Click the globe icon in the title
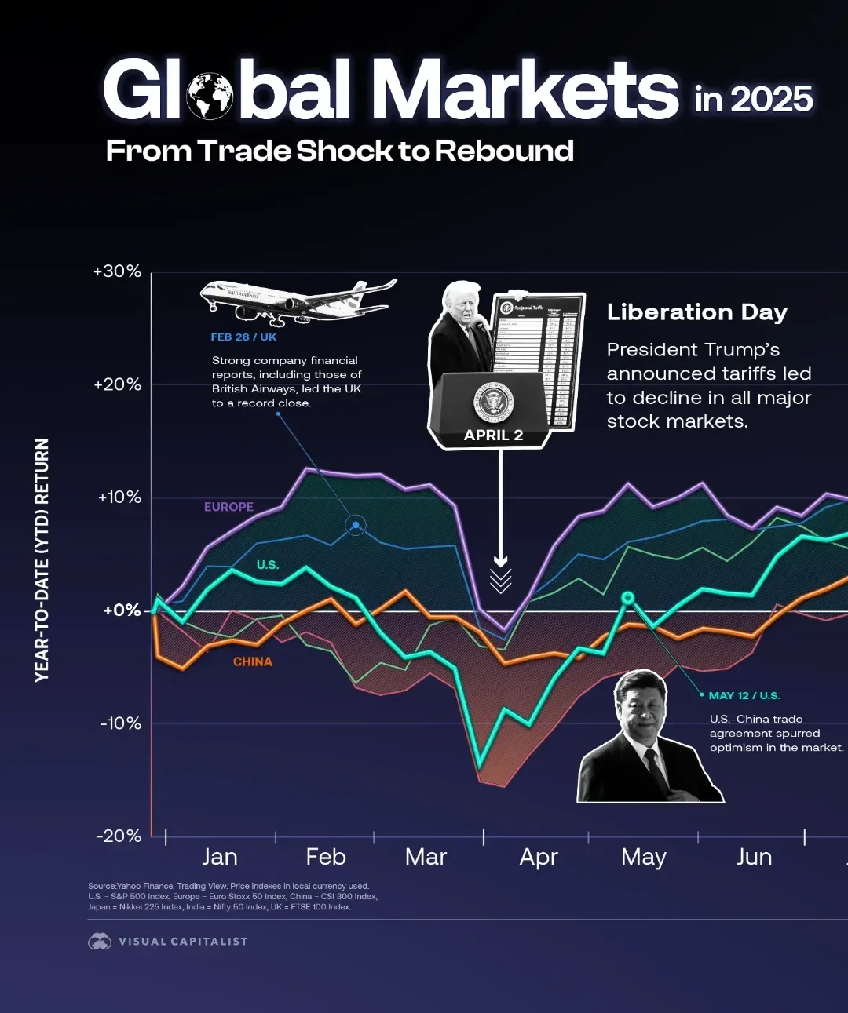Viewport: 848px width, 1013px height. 210,96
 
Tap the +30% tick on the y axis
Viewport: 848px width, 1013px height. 118,271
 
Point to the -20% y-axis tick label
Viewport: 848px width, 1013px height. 119,836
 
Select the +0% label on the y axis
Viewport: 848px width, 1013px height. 122,610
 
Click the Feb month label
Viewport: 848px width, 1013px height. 326,857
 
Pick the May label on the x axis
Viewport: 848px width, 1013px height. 643,857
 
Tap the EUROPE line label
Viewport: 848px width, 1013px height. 228,507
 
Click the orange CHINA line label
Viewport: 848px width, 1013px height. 253,661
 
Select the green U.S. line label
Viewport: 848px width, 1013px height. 267,565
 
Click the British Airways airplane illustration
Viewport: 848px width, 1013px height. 298,300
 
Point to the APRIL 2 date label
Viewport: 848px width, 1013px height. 493,435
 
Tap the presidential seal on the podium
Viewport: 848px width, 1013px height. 493,403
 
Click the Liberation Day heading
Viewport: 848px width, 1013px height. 696,312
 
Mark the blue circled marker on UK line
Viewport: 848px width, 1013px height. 356,525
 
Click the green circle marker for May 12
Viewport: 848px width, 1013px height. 627,598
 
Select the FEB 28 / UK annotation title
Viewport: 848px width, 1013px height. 243,337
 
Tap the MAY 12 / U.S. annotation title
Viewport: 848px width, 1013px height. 744,695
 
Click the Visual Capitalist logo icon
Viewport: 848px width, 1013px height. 100,941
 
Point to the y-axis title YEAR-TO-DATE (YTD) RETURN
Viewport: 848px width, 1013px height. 42,560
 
